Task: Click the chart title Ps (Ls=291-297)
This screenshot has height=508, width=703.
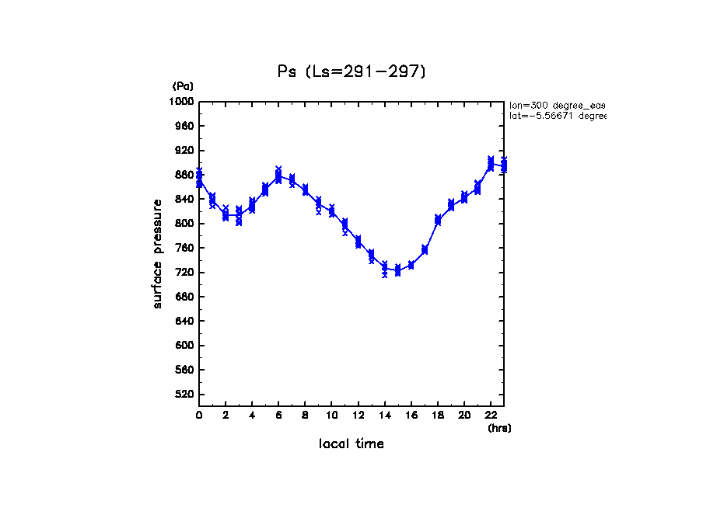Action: [x=351, y=71]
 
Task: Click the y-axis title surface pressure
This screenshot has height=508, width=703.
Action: [x=158, y=253]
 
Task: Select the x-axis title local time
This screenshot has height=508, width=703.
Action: [x=351, y=444]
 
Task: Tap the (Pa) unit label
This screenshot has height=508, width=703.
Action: [x=183, y=86]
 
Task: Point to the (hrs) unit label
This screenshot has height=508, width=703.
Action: [x=499, y=428]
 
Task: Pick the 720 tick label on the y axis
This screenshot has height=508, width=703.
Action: [x=184, y=273]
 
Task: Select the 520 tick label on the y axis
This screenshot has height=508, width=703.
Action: [x=184, y=395]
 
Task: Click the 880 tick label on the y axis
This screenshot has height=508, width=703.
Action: [x=184, y=175]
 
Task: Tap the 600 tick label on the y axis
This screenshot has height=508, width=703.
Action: [x=184, y=346]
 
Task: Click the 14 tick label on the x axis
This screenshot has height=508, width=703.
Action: [x=384, y=416]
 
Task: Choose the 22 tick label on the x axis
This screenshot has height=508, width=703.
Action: [x=491, y=416]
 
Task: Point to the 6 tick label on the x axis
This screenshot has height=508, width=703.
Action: [x=278, y=416]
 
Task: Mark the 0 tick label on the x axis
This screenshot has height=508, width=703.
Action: [x=199, y=416]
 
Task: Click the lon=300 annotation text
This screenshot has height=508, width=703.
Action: [x=557, y=105]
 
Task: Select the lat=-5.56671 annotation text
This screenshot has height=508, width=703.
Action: [x=557, y=116]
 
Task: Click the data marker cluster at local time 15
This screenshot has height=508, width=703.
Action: [x=397, y=270]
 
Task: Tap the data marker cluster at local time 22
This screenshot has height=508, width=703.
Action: [x=491, y=163]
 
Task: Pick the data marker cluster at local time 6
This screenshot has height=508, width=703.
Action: [x=278, y=176]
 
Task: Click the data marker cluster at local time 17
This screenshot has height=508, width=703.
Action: [x=425, y=250]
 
